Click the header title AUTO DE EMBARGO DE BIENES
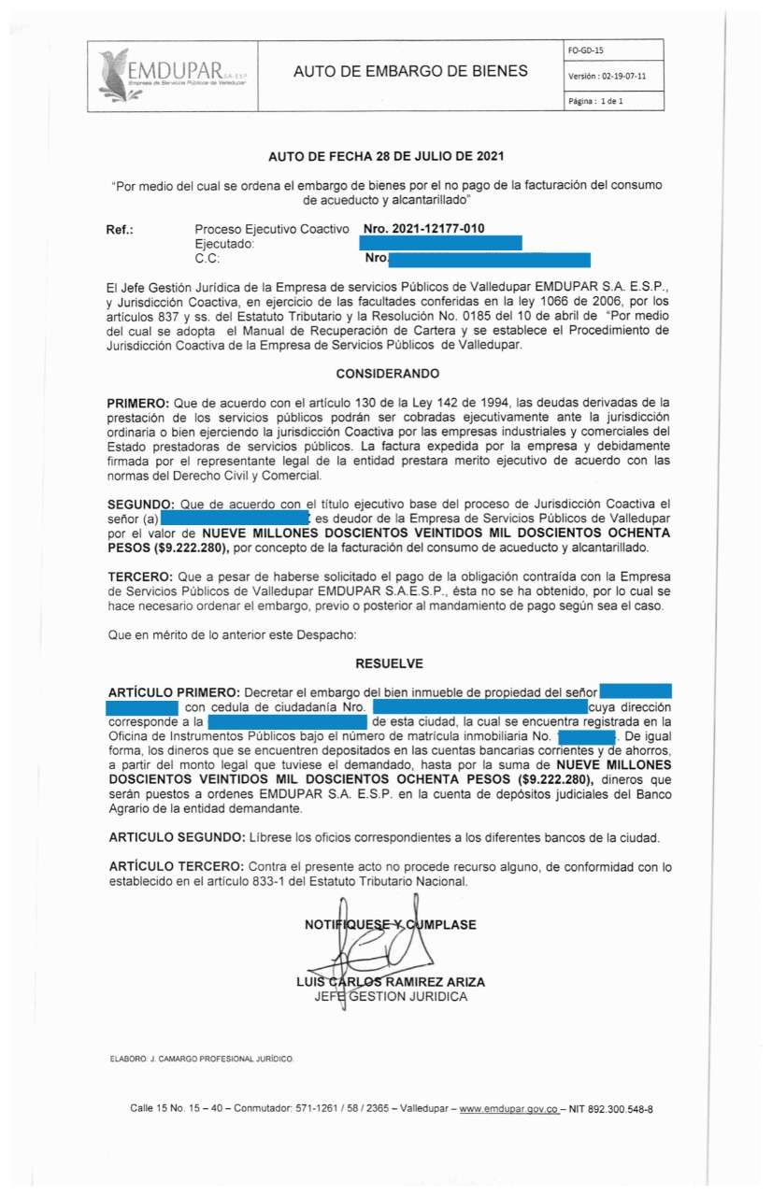coord(410,72)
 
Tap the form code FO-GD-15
coord(587,50)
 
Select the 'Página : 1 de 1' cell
coord(595,101)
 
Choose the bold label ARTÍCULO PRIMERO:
coord(174,692)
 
